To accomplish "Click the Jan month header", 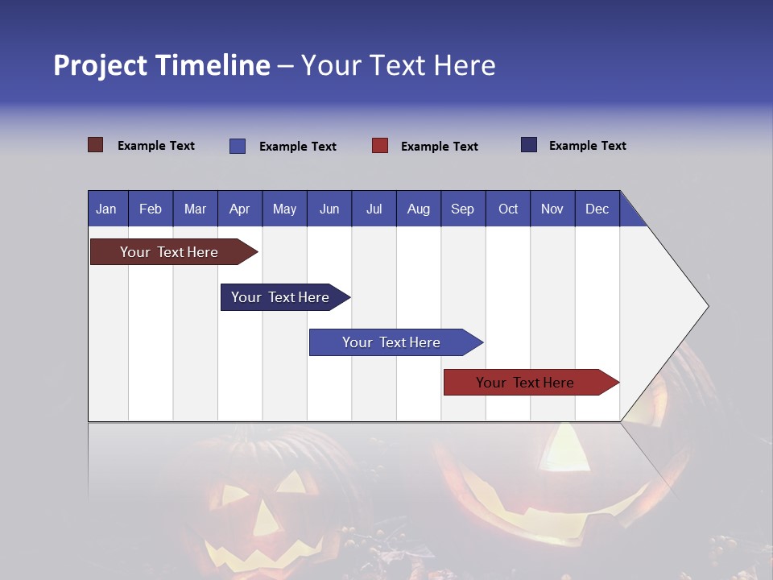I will coord(106,209).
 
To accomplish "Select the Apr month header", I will coord(239,209).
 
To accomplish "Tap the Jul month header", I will coord(374,209).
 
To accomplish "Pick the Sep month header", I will coord(462,209).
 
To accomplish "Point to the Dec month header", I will coord(597,209).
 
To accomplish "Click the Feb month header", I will coord(151,209).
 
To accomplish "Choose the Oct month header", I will coord(508,209).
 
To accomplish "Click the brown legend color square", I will coord(95,145).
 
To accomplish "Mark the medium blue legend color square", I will coord(238,146).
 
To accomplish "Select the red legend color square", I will coord(380,146).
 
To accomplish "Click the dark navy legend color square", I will coord(529,145).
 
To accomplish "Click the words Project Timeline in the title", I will coord(162,65).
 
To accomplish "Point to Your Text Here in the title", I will coord(399,65).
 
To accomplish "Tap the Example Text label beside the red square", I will coord(439,147).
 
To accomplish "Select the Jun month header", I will coord(329,209).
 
